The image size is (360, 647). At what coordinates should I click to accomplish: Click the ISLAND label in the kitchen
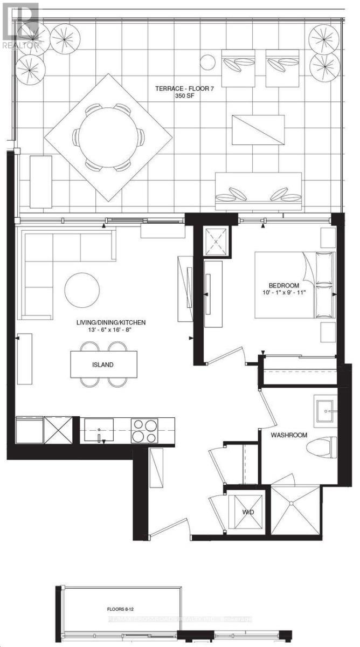pyautogui.click(x=102, y=364)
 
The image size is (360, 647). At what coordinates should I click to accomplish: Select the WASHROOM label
pyautogui.click(x=289, y=435)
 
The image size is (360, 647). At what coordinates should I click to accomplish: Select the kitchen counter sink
pyautogui.click(x=99, y=430)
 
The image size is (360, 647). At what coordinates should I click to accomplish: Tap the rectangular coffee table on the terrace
pyautogui.click(x=258, y=130)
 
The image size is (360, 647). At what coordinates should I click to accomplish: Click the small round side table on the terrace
pyautogui.click(x=207, y=63)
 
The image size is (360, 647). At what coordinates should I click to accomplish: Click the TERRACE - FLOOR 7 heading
pyautogui.click(x=180, y=89)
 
